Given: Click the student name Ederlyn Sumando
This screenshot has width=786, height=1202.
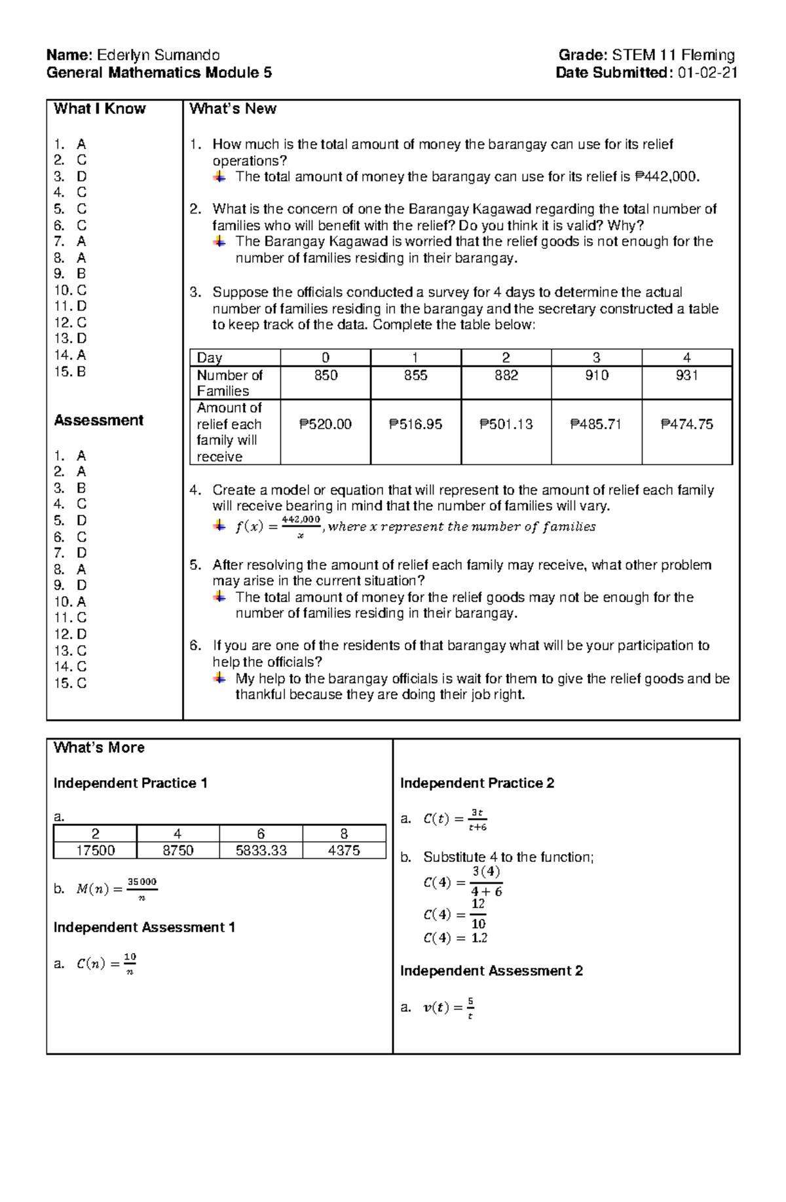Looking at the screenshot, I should [x=158, y=55].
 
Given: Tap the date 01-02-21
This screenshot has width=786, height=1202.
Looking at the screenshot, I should [x=708, y=73].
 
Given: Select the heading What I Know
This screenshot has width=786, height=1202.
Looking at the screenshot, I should [x=100, y=109].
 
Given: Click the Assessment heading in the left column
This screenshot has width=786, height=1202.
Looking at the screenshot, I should [x=98, y=421].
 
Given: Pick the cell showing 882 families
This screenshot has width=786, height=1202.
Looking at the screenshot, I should [x=506, y=375].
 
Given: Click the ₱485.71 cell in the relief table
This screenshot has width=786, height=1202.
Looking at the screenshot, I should [x=596, y=424].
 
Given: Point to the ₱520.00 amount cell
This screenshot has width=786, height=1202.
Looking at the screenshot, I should [x=326, y=424].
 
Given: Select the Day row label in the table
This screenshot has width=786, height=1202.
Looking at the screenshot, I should [x=210, y=358].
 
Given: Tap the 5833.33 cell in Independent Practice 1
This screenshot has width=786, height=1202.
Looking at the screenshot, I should [x=261, y=850].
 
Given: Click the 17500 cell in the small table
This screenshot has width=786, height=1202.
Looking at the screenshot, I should [x=95, y=850].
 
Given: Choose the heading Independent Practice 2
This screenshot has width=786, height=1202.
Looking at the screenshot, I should [x=477, y=783].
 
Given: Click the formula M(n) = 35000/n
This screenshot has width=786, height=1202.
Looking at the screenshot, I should [x=117, y=889].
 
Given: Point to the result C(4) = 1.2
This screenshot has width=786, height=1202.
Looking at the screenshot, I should [x=455, y=938].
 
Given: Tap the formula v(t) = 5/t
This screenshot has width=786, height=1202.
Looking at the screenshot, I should [x=449, y=1007].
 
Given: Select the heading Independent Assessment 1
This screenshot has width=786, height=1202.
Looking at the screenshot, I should [x=144, y=928].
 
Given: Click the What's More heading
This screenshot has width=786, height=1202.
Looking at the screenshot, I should [x=99, y=748].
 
